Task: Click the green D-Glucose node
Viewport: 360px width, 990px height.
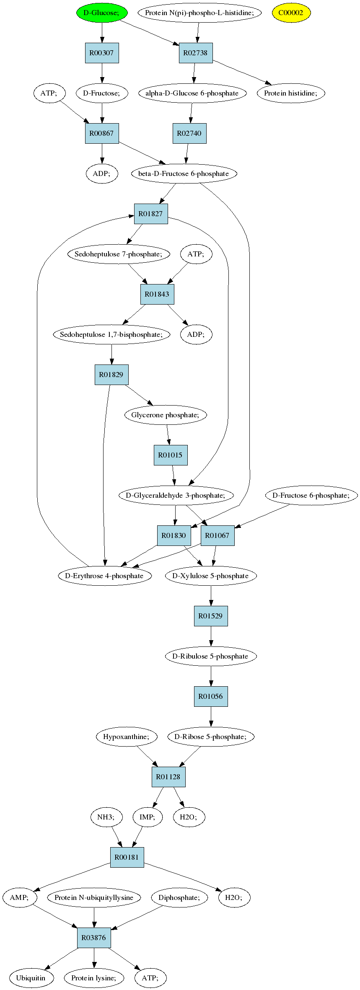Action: click(101, 13)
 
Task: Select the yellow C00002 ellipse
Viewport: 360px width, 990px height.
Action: click(291, 13)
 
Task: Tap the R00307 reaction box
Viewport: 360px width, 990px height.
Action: click(102, 53)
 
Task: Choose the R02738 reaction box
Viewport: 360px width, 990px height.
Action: click(196, 53)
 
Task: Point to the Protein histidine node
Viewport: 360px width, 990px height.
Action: click(291, 93)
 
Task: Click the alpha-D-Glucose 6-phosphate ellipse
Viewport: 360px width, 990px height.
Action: click(192, 93)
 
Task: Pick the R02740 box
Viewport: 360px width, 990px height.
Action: click(189, 133)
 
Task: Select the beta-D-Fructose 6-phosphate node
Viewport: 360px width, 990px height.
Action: click(184, 173)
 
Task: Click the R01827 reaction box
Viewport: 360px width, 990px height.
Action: click(151, 214)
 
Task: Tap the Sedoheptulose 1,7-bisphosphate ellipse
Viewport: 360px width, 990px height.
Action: click(112, 334)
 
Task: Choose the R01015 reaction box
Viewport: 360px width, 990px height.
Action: click(171, 455)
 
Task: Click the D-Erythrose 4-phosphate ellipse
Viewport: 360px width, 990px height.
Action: click(104, 576)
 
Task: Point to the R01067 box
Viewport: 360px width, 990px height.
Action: click(218, 535)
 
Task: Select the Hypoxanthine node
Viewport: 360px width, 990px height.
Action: click(127, 737)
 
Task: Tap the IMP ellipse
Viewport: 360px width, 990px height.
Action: click(148, 817)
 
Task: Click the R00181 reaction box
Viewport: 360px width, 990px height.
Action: click(127, 857)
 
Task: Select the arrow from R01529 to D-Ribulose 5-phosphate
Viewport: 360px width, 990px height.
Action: click(211, 636)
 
